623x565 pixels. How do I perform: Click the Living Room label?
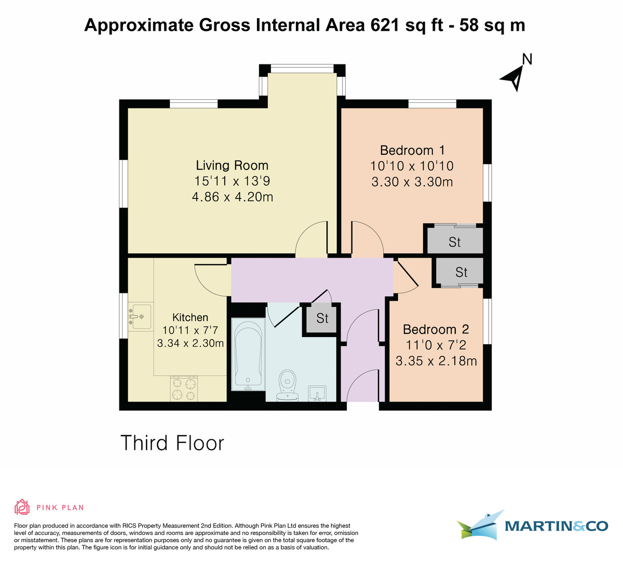click(x=232, y=166)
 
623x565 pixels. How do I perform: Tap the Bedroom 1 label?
click(x=412, y=151)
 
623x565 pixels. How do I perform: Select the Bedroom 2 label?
click(x=436, y=330)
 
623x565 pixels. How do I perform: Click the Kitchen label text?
click(x=190, y=318)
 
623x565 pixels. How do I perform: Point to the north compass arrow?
click(x=513, y=77)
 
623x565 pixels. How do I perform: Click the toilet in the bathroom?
click(x=287, y=385)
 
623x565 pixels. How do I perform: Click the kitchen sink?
click(x=140, y=316)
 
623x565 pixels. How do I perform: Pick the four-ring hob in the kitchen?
click(x=184, y=389)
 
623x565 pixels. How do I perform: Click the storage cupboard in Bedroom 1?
click(x=455, y=242)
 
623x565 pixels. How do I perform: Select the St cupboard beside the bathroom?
click(x=322, y=318)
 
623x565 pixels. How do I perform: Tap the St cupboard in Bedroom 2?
click(x=461, y=272)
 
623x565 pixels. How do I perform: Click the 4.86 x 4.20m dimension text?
click(x=232, y=197)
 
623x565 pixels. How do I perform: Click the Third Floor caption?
click(x=172, y=443)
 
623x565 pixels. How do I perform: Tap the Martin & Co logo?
click(x=532, y=526)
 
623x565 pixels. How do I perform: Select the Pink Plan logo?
click(x=49, y=507)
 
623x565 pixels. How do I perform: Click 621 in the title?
click(x=385, y=25)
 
